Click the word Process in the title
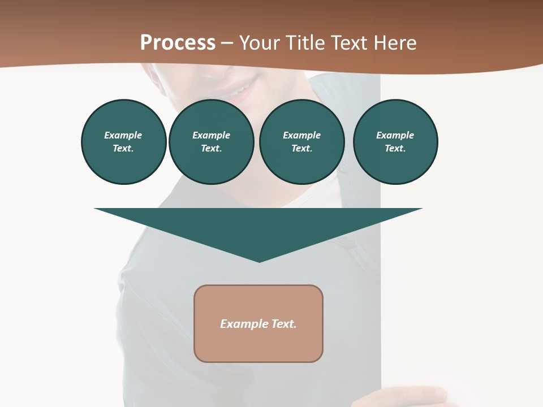(178, 43)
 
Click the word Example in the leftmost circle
(123, 135)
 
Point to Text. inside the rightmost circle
(395, 149)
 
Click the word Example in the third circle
(301, 135)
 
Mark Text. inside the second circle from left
(211, 149)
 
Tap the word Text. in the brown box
(283, 324)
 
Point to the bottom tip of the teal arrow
(259, 261)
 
